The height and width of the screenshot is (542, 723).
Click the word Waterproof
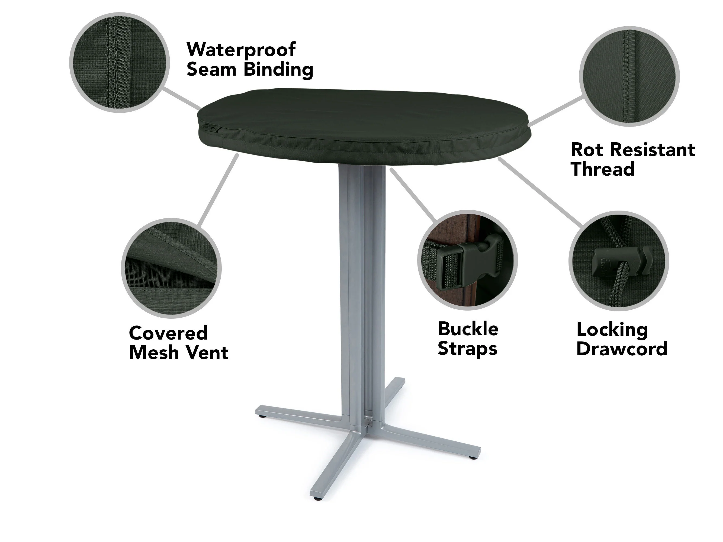[x=241, y=50]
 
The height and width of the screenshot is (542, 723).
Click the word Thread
[x=603, y=169]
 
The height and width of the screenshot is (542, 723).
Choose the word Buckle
[x=468, y=329]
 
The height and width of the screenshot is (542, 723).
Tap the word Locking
[x=612, y=330]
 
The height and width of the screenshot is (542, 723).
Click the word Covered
[x=168, y=333]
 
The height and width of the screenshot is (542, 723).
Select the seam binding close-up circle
[x=120, y=63]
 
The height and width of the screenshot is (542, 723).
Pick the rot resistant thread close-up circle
[x=629, y=76]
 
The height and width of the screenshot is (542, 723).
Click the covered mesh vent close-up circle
[x=171, y=268]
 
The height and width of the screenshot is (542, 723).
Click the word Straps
[x=467, y=349]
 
